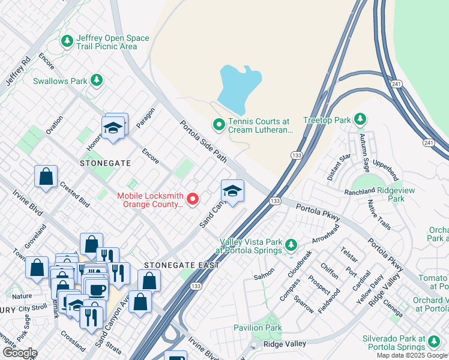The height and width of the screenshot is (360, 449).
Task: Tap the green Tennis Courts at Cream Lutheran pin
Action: click(219, 125)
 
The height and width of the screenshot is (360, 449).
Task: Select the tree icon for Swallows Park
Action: click(96, 80)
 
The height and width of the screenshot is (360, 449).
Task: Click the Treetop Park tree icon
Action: click(360, 119)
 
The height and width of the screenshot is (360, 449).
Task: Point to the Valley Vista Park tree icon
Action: click(291, 245)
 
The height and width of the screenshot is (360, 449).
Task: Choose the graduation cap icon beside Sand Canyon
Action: click(232, 191)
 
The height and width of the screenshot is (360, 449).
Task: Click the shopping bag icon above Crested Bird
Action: click(46, 177)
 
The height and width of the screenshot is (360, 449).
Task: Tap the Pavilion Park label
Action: click(257, 328)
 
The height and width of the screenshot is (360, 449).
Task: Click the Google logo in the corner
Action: click(20, 353)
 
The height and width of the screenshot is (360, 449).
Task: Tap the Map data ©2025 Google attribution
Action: click(411, 355)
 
